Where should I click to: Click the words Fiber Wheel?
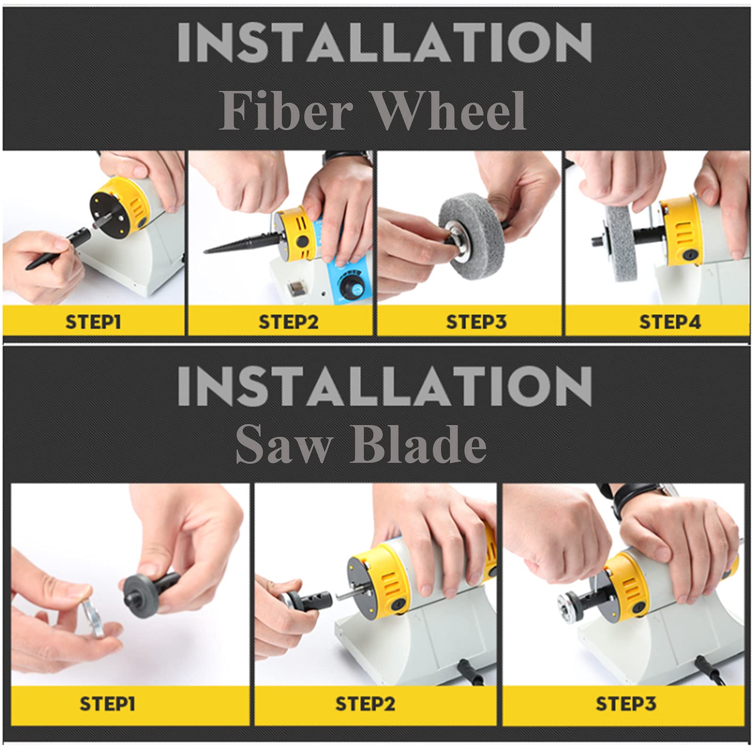click(x=373, y=111)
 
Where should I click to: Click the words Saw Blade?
click(x=361, y=443)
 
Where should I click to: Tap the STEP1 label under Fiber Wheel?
click(x=93, y=322)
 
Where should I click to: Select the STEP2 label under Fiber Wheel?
click(x=288, y=322)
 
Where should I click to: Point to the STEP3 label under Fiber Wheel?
click(x=476, y=322)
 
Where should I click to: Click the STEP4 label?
click(x=670, y=322)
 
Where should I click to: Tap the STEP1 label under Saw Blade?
click(x=107, y=704)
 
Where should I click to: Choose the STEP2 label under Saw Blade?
click(x=365, y=704)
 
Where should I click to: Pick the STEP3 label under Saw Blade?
click(x=626, y=704)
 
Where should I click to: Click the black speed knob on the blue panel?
click(x=351, y=286)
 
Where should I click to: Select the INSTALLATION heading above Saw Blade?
click(x=385, y=386)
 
